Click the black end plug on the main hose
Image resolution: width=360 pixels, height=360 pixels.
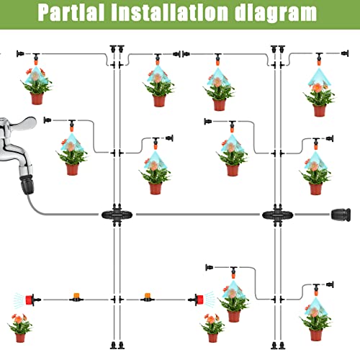pyautogui.click(x=342, y=214)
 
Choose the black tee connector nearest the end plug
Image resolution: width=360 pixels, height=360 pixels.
pyautogui.click(x=277, y=214)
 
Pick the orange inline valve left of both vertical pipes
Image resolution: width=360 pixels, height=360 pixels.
pyautogui.click(x=75, y=296)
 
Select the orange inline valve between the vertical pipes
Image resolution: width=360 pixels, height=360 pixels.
pyautogui.click(x=148, y=296)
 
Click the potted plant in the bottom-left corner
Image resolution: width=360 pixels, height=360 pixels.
pyautogui.click(x=20, y=325)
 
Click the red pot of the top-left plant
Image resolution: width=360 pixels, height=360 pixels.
pyautogui.click(x=37, y=99)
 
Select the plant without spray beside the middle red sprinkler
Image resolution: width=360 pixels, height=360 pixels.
pyautogui.click(x=212, y=325)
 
